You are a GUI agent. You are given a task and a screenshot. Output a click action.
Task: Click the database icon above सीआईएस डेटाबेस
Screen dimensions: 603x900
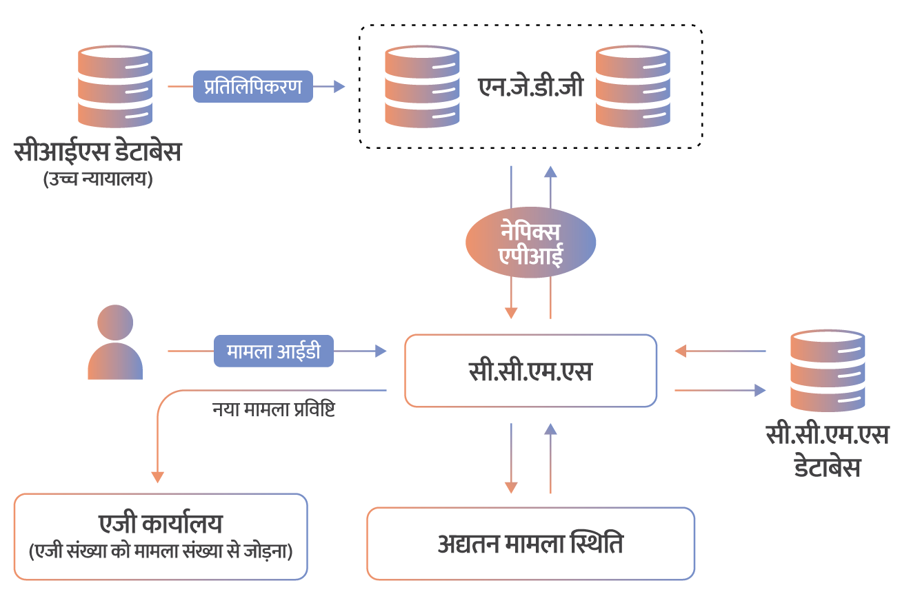[115, 87]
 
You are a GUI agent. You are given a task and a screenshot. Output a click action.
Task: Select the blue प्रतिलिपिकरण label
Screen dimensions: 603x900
[252, 87]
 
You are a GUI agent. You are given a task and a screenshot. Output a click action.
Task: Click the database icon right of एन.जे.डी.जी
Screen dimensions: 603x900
[633, 87]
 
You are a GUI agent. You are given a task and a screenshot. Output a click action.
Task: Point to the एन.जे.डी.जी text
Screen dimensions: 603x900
[530, 88]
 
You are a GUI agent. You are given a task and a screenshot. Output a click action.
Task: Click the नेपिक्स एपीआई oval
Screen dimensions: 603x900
[530, 243]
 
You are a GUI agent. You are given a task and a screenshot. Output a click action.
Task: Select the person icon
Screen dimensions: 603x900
[115, 343]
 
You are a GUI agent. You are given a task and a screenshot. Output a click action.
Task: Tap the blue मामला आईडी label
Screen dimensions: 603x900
[273, 351]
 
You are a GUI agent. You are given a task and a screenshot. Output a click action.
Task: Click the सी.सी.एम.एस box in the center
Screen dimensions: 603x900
[530, 371]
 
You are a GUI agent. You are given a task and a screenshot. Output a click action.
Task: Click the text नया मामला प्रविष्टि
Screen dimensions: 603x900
[274, 409]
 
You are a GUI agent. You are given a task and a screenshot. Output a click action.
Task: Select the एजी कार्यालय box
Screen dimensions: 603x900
[161, 536]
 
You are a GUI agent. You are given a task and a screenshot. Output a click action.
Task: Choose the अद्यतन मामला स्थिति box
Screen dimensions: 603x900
[530, 544]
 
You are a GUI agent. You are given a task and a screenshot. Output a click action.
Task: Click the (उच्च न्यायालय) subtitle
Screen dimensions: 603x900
[97, 180]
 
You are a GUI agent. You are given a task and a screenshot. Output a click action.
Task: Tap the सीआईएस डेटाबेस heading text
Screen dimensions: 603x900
[97, 152]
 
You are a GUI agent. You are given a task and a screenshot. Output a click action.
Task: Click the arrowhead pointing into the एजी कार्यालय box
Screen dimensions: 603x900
[157, 477]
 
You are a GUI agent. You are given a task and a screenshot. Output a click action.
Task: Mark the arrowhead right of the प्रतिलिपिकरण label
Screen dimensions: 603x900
[339, 87]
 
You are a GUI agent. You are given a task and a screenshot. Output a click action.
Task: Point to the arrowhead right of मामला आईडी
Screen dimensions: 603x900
[380, 351]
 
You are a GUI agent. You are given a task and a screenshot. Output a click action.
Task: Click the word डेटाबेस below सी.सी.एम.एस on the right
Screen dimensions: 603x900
[828, 467]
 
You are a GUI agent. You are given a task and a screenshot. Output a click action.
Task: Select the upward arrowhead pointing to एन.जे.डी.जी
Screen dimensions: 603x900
[550, 172]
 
